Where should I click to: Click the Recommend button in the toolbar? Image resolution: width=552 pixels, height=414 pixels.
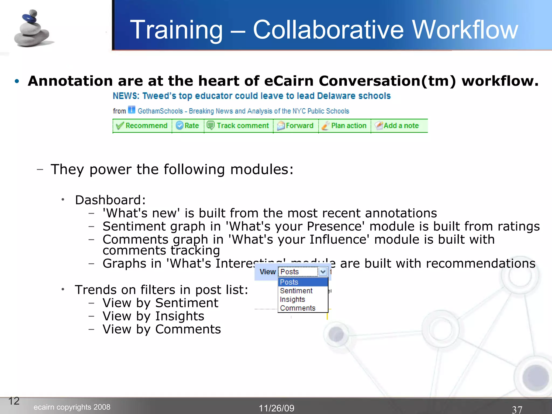click(142, 126)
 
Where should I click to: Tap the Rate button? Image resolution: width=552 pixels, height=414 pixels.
click(188, 126)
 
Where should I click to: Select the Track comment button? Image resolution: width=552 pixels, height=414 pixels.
click(238, 126)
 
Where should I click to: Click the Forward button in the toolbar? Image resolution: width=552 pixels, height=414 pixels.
click(295, 126)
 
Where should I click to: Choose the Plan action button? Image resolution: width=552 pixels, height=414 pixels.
click(344, 126)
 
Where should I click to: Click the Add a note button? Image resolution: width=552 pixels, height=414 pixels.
click(397, 126)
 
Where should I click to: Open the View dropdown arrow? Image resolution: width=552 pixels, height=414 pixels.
click(323, 272)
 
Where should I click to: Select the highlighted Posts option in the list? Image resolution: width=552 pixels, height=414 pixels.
click(289, 282)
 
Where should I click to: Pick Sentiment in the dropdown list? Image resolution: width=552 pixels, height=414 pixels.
click(296, 291)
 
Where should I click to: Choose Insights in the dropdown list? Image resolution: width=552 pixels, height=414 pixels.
click(292, 299)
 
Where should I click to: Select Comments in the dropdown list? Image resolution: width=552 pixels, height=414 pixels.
click(298, 308)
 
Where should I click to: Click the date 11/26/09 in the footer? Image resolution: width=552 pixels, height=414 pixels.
click(277, 408)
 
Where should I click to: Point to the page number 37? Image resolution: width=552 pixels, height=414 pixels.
click(517, 409)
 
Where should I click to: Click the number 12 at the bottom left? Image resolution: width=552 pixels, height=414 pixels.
click(14, 401)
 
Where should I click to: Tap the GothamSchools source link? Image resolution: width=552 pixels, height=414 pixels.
click(243, 111)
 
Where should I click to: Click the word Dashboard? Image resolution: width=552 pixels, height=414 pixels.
click(110, 200)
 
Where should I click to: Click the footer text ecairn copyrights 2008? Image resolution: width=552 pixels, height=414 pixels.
click(72, 407)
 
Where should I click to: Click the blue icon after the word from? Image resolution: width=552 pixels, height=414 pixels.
click(132, 110)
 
